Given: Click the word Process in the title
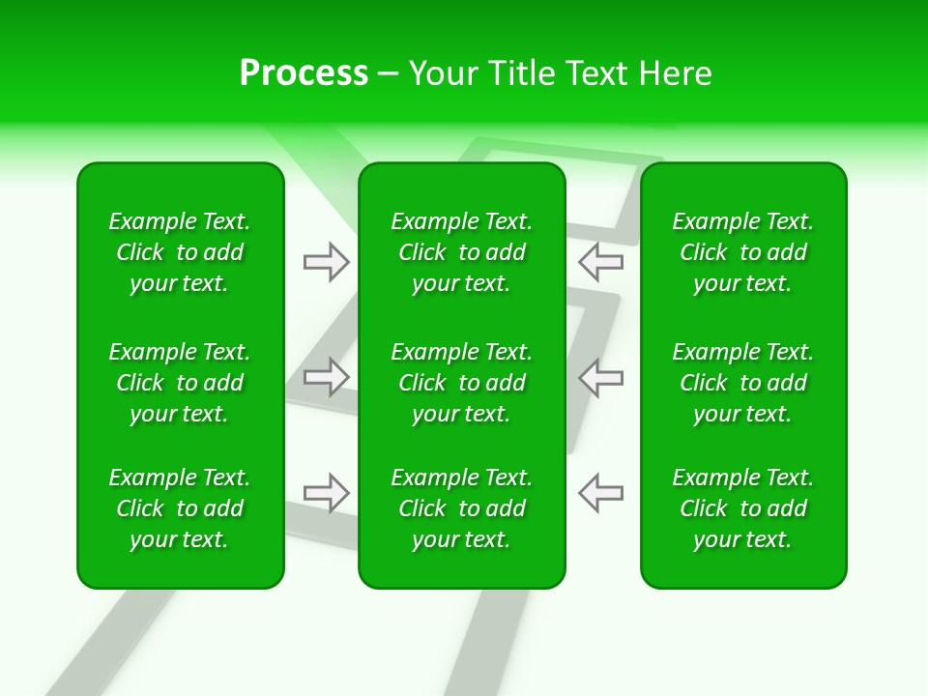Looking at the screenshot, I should point(304,73).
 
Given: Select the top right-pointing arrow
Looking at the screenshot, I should point(327,262).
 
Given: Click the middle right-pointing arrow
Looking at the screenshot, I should point(327,377).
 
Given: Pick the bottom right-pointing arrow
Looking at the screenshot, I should point(327,493).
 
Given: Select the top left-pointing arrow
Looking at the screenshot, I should point(600,261).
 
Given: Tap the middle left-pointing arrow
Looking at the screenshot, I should point(600,377).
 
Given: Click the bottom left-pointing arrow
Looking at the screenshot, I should point(600,493).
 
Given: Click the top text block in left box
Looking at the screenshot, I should point(180,252).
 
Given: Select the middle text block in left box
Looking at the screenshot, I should point(180,383).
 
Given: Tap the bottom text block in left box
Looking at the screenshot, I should point(180,508).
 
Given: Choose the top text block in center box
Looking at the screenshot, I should point(461,252).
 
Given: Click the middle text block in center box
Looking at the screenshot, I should point(461,383).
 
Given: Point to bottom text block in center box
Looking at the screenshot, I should point(461,508).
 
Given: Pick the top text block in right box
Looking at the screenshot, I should point(742,252).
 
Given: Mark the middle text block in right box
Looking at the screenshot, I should point(742,383).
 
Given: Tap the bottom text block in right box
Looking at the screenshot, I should point(742,508).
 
